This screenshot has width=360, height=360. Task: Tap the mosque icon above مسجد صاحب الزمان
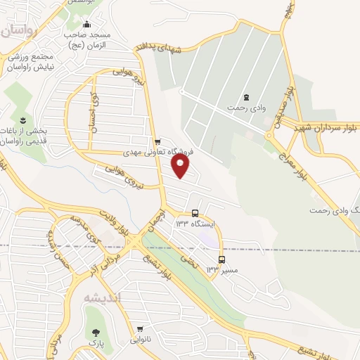pos(86,26)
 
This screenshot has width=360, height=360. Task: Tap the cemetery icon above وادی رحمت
pos(245,97)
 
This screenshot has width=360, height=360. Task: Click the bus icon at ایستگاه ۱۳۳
pos(195,213)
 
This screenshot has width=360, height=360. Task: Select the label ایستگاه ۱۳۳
pos(193,224)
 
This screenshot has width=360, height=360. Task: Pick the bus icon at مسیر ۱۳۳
pos(222,259)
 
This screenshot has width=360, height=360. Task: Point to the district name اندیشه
pos(103,298)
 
